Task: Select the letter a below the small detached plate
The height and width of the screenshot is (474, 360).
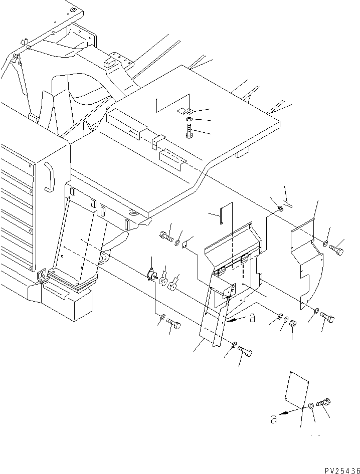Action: point(273,418)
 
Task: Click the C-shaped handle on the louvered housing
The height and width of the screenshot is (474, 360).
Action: point(49,176)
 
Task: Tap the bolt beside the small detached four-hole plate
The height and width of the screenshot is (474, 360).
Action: point(323,402)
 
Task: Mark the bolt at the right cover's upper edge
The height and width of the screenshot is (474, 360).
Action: point(338,246)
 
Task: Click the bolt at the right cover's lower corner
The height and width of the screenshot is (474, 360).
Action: point(327,317)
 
